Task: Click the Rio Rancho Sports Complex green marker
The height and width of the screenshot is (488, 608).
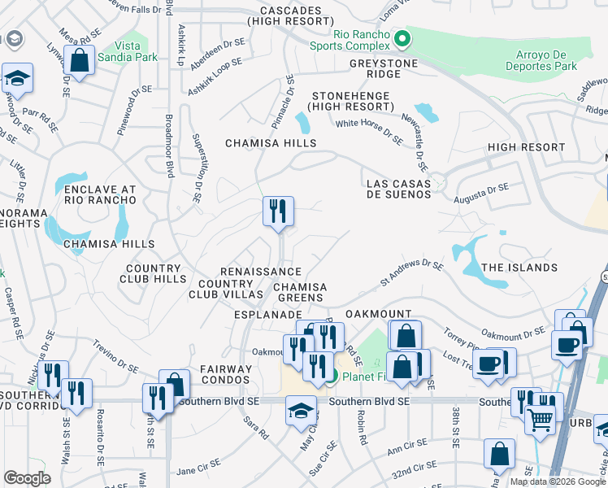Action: click(401, 38)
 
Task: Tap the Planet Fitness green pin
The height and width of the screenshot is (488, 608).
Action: click(332, 375)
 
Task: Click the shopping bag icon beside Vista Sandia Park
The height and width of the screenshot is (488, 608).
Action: click(79, 60)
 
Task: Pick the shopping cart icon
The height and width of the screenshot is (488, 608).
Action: click(539, 419)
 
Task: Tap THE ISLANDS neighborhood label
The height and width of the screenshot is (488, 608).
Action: click(519, 268)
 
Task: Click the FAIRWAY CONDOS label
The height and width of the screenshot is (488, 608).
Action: click(222, 375)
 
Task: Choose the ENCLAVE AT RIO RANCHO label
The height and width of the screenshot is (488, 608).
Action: click(93, 196)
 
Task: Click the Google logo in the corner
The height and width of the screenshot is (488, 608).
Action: click(28, 478)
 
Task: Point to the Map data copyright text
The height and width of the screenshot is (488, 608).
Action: click(558, 481)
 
